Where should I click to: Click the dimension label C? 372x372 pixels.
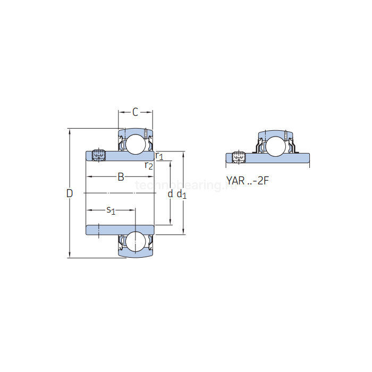pos(135,112)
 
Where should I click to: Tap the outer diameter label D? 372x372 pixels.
pos(69,193)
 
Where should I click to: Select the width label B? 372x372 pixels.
pos(121,177)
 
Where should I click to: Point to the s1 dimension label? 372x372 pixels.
pos(111,210)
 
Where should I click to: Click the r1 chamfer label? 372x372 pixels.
pos(159,156)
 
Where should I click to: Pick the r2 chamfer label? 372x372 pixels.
pos(149,166)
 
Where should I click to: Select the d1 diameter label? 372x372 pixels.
pos(182,194)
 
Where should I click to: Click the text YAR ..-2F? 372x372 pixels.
pos(248,181)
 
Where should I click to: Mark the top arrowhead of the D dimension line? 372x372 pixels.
pos(69,131)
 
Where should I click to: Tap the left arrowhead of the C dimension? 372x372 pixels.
pos(120,112)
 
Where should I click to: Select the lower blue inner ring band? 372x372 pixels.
pos(120,230)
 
